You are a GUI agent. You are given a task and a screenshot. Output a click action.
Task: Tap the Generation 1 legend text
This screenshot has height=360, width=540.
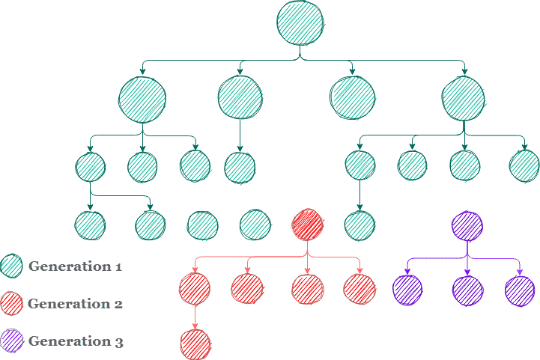pos(75,266)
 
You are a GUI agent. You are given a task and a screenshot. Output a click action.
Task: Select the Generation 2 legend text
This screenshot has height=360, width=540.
pos(75,304)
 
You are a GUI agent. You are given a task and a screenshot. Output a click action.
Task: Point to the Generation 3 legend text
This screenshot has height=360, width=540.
pos(76,341)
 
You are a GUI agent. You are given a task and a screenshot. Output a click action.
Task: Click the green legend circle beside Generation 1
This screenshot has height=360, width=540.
pos(12,266)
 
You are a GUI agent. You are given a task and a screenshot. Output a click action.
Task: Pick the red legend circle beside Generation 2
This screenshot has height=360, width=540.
pos(12,304)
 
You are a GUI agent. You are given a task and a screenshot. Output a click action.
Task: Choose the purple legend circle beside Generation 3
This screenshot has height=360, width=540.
pos(12,341)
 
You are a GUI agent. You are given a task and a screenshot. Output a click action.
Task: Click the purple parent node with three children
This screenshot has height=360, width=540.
pos(467,225)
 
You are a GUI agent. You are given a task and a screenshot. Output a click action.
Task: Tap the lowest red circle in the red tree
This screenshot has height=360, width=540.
pos(195,344)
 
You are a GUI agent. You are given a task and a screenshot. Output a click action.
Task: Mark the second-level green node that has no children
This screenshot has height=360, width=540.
pos(352,98)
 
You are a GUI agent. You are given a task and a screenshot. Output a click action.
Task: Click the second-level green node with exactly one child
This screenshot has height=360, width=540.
pos(240,98)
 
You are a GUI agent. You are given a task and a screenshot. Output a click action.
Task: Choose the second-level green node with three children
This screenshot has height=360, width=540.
pos(142,99)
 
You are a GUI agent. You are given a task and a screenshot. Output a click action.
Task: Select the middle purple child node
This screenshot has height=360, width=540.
pos(467,290)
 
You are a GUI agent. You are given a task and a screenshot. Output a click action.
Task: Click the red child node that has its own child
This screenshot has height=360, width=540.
pos(195,288)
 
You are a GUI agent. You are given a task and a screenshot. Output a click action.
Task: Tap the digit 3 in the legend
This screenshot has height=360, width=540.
pos(119,343)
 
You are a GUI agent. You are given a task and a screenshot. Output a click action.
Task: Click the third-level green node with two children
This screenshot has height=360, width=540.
pos(90,166)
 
